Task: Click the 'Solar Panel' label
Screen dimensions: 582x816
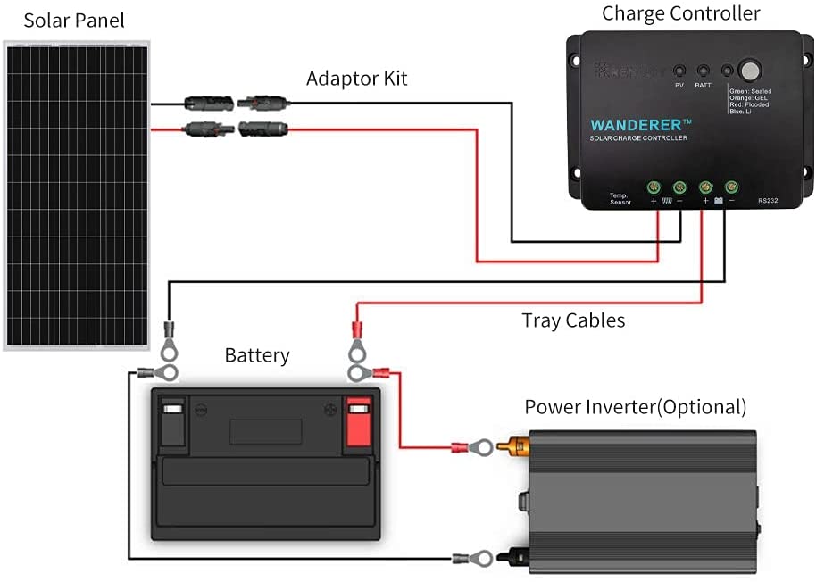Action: click(x=74, y=20)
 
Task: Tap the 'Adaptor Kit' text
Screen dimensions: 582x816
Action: click(x=356, y=79)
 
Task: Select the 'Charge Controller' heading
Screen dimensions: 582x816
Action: click(x=680, y=13)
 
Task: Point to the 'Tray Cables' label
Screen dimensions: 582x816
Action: click(x=573, y=320)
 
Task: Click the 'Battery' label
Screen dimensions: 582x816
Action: click(x=257, y=355)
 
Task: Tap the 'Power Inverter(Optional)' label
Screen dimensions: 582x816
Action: click(x=635, y=407)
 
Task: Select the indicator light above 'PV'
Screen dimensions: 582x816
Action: click(x=679, y=70)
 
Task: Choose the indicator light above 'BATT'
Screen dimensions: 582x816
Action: click(x=703, y=70)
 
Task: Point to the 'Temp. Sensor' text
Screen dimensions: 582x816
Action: click(x=620, y=198)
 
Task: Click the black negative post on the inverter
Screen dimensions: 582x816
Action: click(x=516, y=558)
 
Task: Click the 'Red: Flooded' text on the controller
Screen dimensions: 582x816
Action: click(x=749, y=104)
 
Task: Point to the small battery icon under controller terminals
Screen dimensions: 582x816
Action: click(x=719, y=202)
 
